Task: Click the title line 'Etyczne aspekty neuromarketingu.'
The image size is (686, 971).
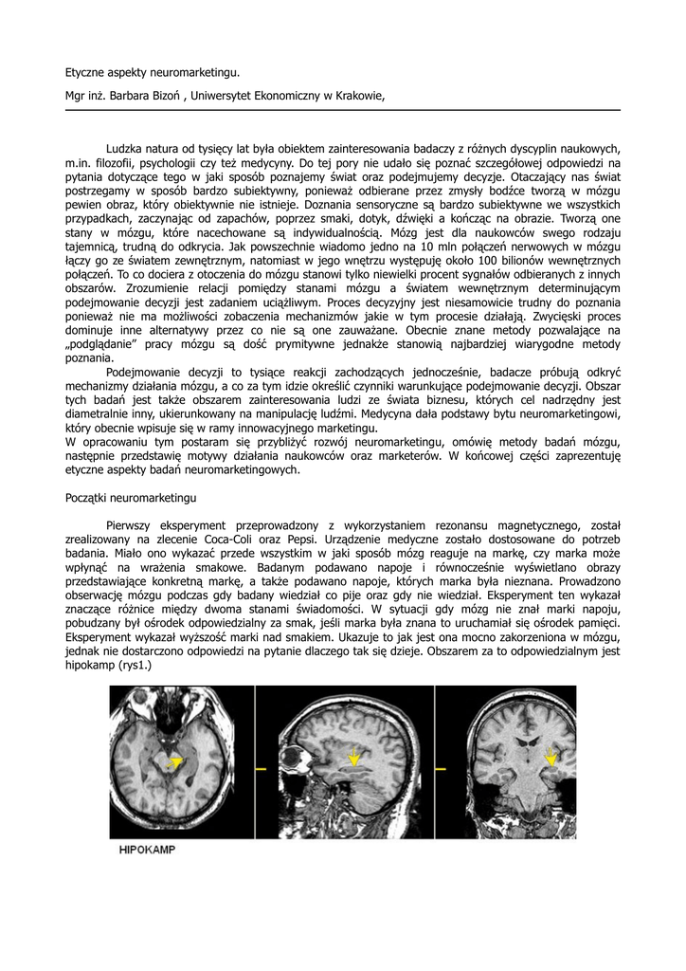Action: click(153, 71)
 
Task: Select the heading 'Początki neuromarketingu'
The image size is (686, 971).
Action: click(130, 497)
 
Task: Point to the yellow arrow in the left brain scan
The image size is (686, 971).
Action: click(174, 761)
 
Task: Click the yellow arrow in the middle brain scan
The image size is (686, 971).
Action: click(353, 757)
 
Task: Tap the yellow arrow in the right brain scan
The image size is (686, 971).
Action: click(552, 755)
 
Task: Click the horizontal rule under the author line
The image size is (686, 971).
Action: click(342, 111)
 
